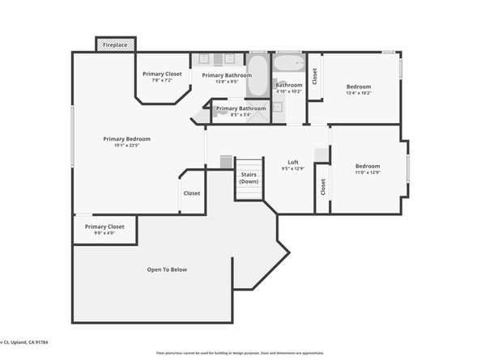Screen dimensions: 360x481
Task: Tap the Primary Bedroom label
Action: point(126,139)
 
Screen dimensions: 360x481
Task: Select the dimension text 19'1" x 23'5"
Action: point(126,146)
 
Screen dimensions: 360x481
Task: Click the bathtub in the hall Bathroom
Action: point(288,64)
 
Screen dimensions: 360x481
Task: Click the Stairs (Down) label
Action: point(249,177)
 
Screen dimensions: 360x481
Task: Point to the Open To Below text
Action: point(167,269)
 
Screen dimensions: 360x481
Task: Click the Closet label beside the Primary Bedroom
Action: point(192,193)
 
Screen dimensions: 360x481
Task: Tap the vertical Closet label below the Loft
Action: point(322,187)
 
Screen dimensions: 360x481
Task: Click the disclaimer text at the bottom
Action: point(240,354)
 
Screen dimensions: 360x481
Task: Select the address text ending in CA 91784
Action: point(24,343)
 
